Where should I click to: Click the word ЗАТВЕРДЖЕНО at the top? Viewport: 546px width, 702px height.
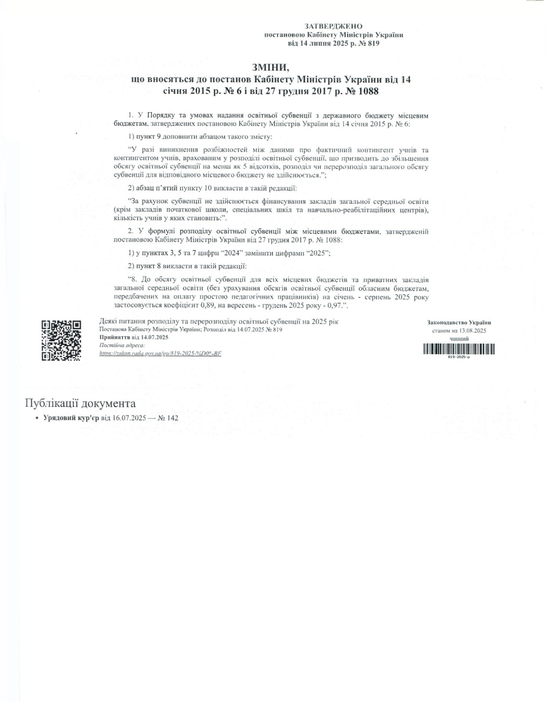(x=333, y=27)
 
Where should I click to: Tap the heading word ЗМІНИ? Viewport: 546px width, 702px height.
(x=271, y=68)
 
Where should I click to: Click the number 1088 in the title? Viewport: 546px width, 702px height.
(x=365, y=92)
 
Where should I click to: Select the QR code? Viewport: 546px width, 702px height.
(x=61, y=340)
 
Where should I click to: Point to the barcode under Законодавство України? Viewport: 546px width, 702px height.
(x=459, y=349)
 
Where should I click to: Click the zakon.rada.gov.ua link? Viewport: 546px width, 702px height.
(x=160, y=353)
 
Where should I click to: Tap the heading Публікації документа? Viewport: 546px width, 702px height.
(x=80, y=404)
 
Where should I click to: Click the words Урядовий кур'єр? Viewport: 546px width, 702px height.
(x=71, y=418)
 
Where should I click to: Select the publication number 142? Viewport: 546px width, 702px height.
(x=172, y=418)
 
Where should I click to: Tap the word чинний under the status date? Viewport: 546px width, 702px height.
(x=459, y=339)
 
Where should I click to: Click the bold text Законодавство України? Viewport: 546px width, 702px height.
(x=459, y=322)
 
